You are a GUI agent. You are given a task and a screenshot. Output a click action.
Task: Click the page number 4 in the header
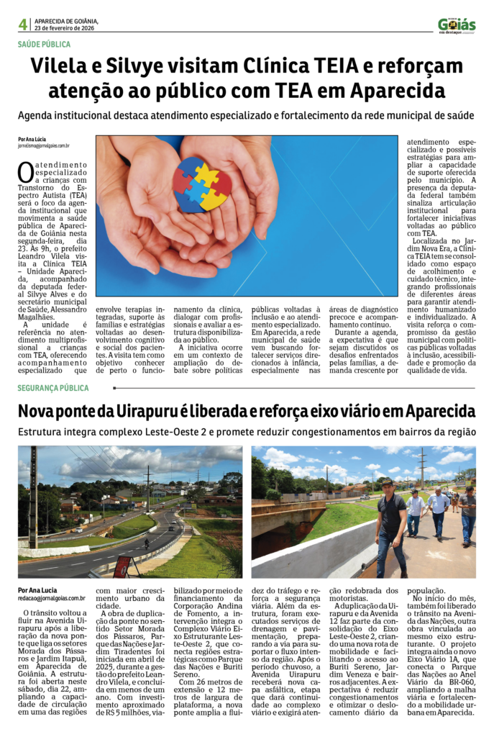click(23, 24)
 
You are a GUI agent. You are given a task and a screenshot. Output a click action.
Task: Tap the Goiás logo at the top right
click(457, 25)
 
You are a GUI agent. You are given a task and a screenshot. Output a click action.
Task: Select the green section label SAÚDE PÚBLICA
click(44, 45)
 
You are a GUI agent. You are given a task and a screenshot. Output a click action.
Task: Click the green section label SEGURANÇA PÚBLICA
click(53, 388)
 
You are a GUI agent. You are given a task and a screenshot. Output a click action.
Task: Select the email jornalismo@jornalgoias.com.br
click(44, 145)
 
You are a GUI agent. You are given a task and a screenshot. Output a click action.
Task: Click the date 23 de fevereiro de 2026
click(65, 28)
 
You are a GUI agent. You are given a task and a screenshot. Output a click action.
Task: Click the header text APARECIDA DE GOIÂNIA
click(68, 21)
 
